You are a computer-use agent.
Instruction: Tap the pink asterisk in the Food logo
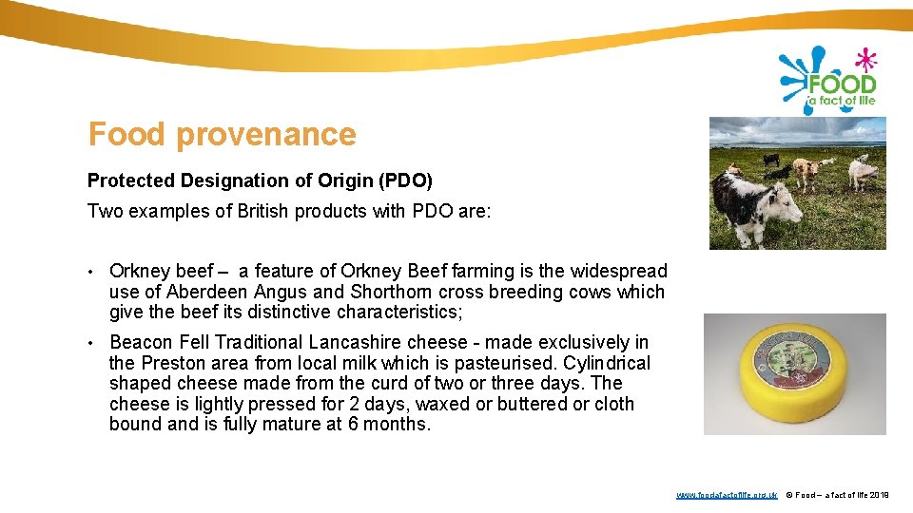click(x=865, y=62)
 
